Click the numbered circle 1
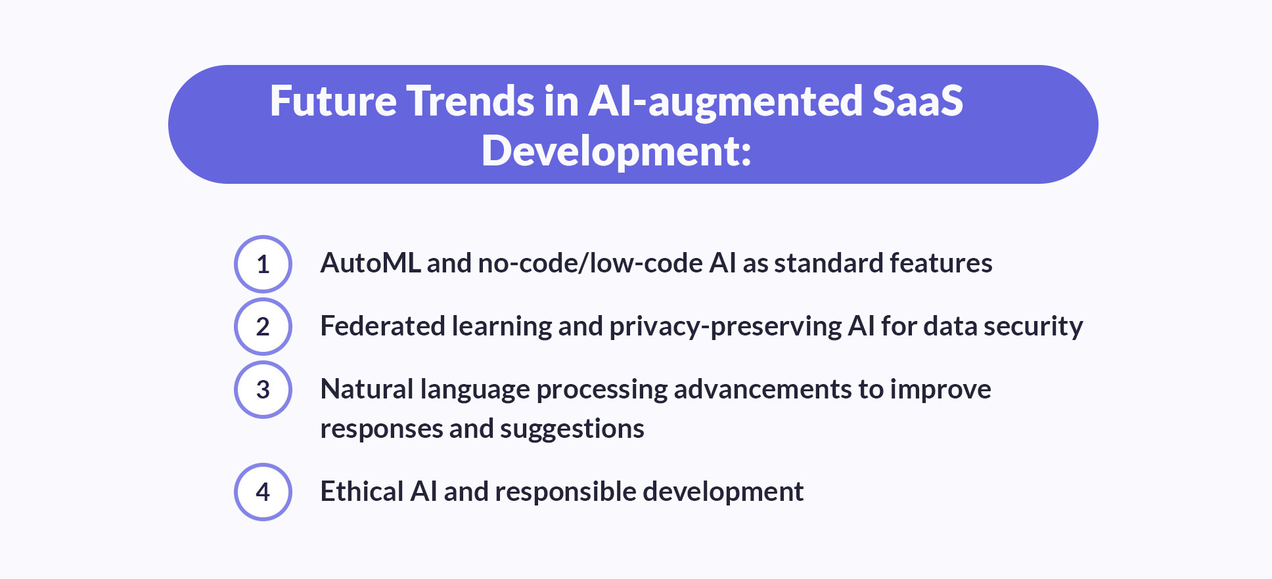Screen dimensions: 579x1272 (x=263, y=264)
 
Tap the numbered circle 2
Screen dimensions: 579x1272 (x=263, y=326)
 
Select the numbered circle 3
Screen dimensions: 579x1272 (x=263, y=389)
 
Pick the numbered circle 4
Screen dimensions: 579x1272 (x=263, y=492)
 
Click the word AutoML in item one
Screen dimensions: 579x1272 (x=370, y=263)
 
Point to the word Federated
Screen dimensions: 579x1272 (x=382, y=326)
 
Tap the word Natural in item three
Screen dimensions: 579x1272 (x=366, y=389)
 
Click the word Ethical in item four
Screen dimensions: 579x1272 (x=361, y=492)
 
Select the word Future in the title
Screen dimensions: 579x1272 (x=333, y=102)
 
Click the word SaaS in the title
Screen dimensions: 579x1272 (x=917, y=102)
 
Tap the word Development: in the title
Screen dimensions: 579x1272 (x=616, y=152)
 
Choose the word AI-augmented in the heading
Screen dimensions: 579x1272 (x=725, y=102)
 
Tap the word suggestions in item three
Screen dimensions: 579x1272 (x=572, y=429)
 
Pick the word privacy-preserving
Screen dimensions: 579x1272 (x=726, y=326)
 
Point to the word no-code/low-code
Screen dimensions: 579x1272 (x=591, y=263)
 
